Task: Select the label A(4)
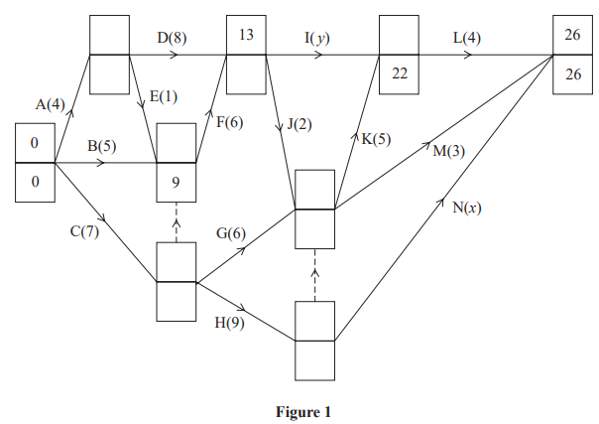click(51, 103)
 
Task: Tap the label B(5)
click(103, 147)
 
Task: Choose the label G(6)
click(232, 233)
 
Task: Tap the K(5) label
click(376, 139)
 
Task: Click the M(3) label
click(449, 151)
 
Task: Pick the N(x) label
click(466, 208)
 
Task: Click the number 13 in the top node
click(245, 35)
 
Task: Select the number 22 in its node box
click(400, 73)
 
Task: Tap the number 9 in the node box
click(176, 182)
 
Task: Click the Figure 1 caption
click(303, 410)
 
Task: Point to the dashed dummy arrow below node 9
click(177, 223)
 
